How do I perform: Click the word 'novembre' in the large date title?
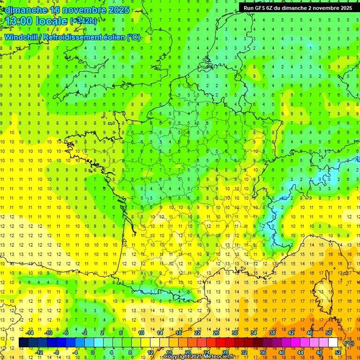(77, 9)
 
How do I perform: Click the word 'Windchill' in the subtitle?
(21, 37)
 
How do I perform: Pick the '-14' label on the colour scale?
(30, 333)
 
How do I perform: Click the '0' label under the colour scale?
(93, 352)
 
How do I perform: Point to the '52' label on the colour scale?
(338, 352)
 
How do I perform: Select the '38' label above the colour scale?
(272, 333)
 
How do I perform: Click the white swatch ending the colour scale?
(333, 343)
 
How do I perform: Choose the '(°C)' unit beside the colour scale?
(349, 343)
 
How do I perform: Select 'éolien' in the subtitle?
(113, 37)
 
